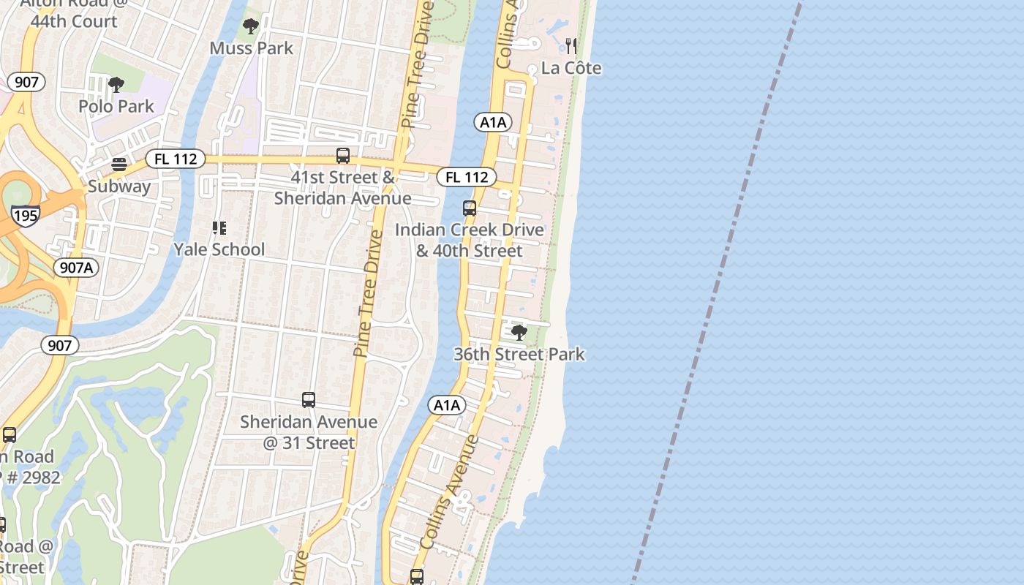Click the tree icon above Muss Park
[251, 27]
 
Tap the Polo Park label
[116, 106]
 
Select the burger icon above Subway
[118, 164]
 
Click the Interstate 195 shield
[25, 215]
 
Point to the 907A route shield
[76, 268]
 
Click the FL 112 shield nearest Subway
[175, 159]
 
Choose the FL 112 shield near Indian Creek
[467, 177]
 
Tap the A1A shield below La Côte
[493, 122]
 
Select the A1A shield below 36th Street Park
[447, 405]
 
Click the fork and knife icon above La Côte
[571, 46]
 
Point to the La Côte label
[571, 68]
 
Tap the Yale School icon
[219, 228]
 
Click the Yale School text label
[219, 249]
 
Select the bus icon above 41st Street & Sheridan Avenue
[342, 155]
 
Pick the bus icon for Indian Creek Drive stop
[470, 208]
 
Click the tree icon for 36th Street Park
[519, 333]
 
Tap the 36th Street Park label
[519, 354]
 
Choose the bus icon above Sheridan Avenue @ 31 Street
[309, 400]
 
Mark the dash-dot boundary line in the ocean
[720, 292]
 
